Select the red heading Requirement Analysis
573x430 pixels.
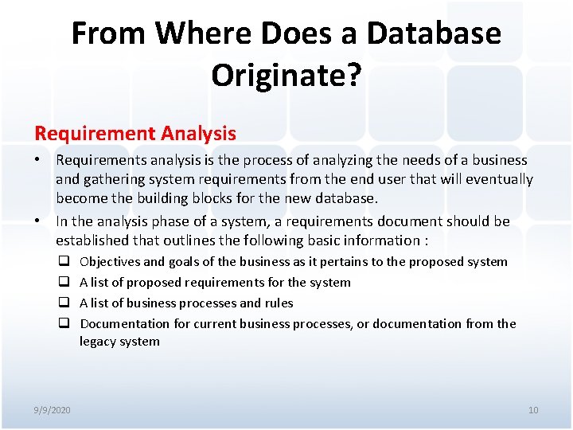[x=135, y=133]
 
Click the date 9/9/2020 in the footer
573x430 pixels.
[x=52, y=410]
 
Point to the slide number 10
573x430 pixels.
[x=532, y=410]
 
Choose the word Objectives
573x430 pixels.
[x=110, y=262]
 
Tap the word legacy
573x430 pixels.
[x=97, y=342]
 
